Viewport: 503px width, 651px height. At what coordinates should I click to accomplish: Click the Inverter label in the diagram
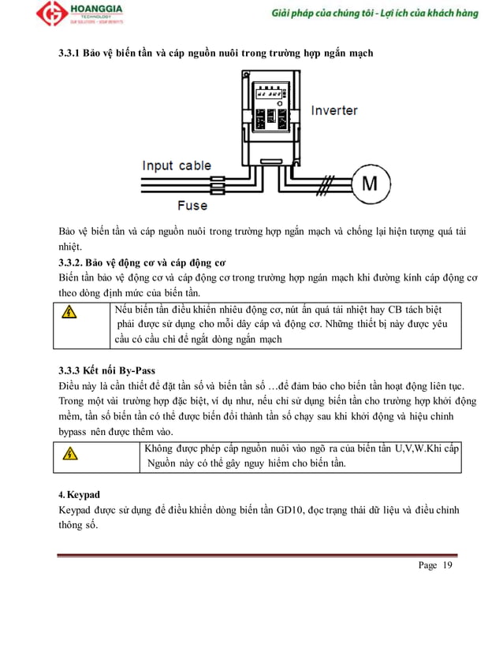click(x=333, y=110)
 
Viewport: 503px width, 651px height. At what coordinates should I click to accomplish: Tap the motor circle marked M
click(x=370, y=184)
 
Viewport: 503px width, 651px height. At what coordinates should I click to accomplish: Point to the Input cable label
click(x=177, y=166)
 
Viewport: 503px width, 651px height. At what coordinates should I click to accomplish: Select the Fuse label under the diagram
click(x=192, y=205)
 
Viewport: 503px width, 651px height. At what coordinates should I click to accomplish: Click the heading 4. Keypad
click(x=80, y=494)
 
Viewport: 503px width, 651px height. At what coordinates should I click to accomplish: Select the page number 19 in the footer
click(x=448, y=566)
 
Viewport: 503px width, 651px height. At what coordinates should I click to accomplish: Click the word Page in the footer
click(x=427, y=566)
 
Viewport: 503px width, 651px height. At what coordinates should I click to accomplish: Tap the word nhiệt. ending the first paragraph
click(x=73, y=247)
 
